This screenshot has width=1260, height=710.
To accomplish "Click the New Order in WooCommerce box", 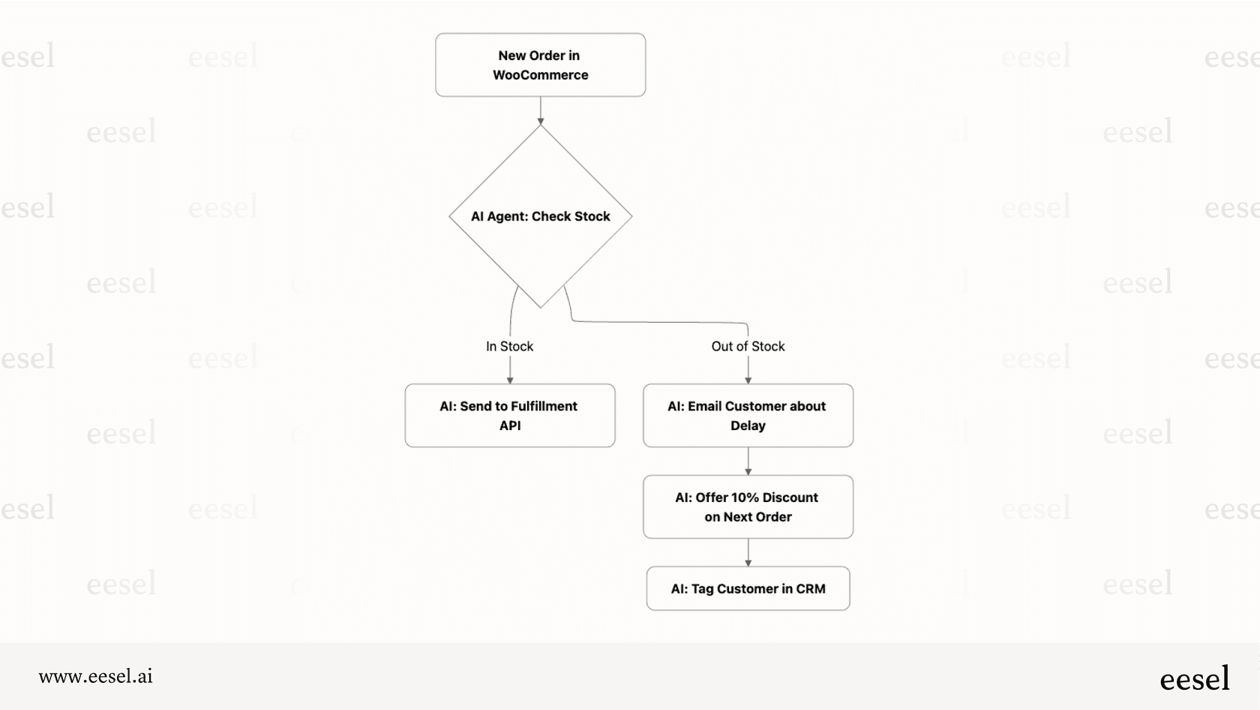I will tap(540, 65).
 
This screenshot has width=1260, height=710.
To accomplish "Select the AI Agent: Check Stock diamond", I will tap(540, 216).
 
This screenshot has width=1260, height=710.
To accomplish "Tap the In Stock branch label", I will tap(509, 346).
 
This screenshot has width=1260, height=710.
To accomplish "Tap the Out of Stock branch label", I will tap(748, 346).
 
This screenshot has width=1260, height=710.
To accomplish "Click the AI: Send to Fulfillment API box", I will tap(510, 416).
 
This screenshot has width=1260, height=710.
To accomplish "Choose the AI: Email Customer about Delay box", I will tap(748, 416).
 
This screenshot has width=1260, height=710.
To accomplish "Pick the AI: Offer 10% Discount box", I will tap(748, 507).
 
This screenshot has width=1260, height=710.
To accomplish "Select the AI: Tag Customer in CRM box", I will tap(748, 588).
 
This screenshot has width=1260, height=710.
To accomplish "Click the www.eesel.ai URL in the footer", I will tap(96, 676).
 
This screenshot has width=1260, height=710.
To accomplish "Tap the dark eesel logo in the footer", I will tap(1194, 678).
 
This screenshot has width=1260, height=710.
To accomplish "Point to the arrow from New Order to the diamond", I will tap(540, 110).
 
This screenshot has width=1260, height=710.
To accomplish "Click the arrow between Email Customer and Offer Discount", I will tap(748, 461).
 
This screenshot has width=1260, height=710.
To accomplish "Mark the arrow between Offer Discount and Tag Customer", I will tap(748, 552).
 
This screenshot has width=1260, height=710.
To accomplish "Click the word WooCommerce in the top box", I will tap(540, 75).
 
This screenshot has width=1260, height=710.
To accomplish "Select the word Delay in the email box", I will tap(748, 426).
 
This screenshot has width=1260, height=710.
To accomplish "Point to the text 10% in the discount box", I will tap(745, 498).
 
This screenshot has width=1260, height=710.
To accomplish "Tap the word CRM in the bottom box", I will tap(810, 589).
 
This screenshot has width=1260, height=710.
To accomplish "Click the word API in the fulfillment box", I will tap(510, 426).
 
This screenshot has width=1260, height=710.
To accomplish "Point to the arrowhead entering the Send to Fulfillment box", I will tap(510, 381).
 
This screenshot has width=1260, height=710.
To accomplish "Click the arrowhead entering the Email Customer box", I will tap(748, 381).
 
